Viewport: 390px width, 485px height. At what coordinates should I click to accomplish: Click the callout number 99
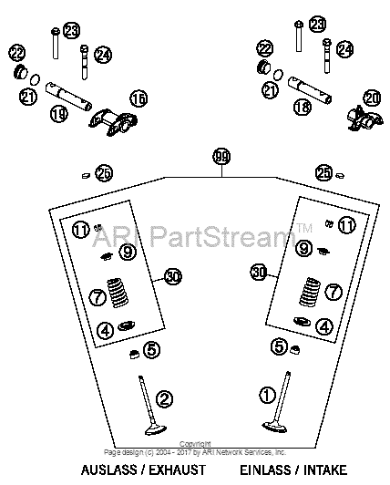221,157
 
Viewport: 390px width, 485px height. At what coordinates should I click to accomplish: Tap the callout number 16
139,98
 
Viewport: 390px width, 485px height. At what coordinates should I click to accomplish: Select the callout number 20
372,98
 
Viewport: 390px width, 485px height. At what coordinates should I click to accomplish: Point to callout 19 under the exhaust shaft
59,114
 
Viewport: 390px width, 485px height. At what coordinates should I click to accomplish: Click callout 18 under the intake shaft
303,107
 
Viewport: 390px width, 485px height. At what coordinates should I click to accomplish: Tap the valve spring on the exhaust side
118,293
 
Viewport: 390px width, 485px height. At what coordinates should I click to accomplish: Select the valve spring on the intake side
310,292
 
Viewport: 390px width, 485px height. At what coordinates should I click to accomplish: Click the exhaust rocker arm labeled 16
113,122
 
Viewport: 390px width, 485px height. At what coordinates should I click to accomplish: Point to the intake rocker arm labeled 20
365,119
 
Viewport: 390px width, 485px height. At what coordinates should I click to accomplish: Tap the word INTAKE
325,470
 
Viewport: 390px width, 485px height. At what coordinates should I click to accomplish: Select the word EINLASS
266,470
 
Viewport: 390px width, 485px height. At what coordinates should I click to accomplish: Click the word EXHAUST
177,470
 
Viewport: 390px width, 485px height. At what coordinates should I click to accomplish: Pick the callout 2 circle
164,398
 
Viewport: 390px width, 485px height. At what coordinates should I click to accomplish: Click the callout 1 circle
267,395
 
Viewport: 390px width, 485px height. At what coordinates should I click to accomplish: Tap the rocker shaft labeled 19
68,97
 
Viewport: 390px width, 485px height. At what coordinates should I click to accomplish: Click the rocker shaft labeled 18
310,90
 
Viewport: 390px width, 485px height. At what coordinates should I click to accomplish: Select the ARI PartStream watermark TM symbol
304,228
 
